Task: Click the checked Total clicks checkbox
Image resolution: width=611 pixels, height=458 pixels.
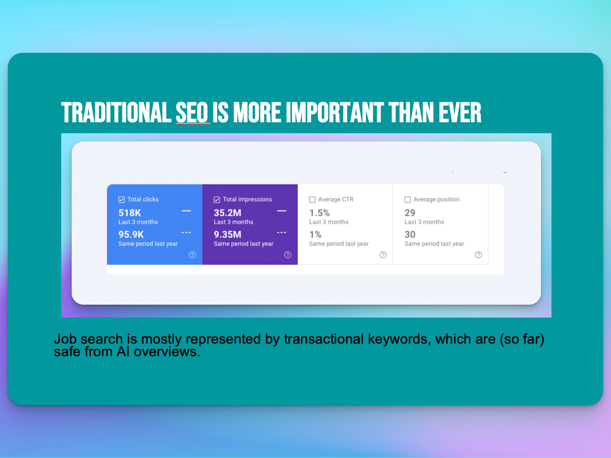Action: [121, 200]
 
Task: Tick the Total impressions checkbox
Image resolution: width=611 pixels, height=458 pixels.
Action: [217, 200]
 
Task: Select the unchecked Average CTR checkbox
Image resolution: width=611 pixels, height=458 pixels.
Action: [312, 200]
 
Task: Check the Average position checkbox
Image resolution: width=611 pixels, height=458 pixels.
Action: [408, 200]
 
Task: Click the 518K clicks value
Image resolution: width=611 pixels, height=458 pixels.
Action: [130, 213]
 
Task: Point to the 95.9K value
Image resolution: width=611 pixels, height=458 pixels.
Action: [131, 235]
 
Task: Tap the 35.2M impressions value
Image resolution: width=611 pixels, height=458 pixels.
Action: [227, 213]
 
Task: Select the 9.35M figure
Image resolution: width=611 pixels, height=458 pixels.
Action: [227, 235]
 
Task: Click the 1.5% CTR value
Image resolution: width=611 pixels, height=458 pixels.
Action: [319, 213]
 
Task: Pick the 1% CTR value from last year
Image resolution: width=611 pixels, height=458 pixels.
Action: [315, 235]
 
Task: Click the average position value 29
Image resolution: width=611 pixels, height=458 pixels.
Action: [410, 213]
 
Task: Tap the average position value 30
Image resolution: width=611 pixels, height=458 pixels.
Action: [410, 235]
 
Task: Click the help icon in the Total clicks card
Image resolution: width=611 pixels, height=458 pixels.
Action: [192, 255]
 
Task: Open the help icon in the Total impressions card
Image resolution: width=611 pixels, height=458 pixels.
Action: [288, 255]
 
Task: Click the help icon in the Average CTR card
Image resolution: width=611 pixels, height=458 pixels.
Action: [383, 255]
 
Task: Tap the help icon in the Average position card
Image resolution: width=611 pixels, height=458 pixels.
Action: [478, 255]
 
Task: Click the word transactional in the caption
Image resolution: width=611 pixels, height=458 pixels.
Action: [324, 339]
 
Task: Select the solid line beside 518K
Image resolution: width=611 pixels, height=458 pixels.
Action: [186, 211]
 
